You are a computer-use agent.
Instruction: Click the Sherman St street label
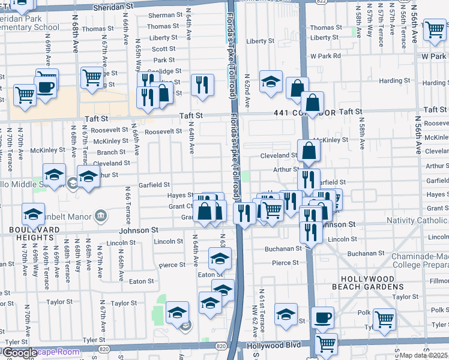[x=160, y=15]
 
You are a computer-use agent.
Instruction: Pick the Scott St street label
[x=163, y=49]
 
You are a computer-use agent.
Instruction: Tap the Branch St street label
[x=115, y=152]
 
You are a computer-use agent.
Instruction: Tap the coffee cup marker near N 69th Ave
[x=46, y=86]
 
